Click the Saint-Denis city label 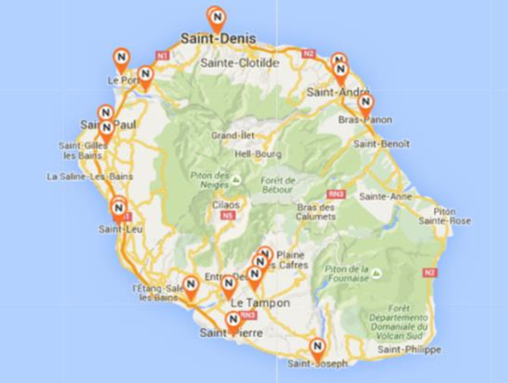214,39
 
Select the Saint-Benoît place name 382,144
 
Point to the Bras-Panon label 366,120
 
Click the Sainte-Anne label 385,196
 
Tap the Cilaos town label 226,205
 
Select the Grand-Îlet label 228,135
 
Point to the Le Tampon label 260,303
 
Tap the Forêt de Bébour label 280,186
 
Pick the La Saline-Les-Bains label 91,177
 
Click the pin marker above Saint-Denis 217,17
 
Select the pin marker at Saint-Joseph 317,347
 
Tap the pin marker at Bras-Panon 366,103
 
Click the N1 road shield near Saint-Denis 164,56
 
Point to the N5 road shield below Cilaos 226,215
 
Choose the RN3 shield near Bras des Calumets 336,194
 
